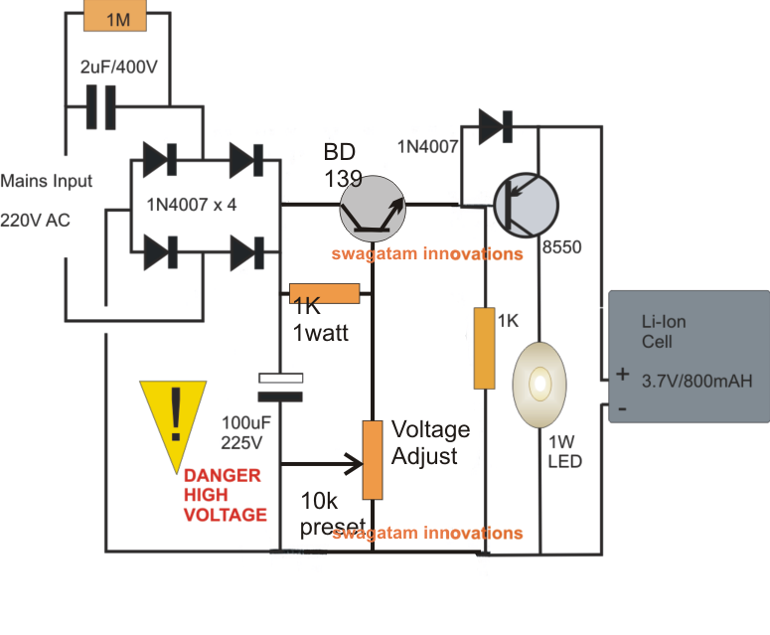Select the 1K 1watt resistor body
tap(324, 293)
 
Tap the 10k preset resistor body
tap(373, 459)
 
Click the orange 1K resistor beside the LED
tap(484, 348)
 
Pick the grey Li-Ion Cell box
tap(688, 357)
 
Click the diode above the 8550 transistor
tap(494, 126)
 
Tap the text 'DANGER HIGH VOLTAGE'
tap(225, 495)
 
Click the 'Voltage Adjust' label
tap(429, 443)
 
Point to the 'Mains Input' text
tap(46, 181)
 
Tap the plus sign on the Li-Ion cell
tap(622, 376)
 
